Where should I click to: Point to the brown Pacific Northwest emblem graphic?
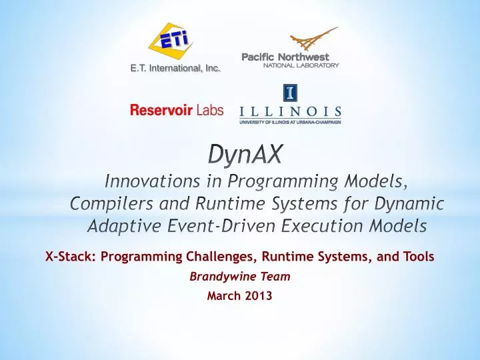[312, 39]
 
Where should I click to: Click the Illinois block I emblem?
[290, 92]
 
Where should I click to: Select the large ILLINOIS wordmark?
[290, 111]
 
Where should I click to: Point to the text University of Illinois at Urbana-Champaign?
[290, 123]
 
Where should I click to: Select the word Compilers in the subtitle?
[110, 203]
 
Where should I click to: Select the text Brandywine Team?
[240, 277]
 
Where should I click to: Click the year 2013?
[259, 297]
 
